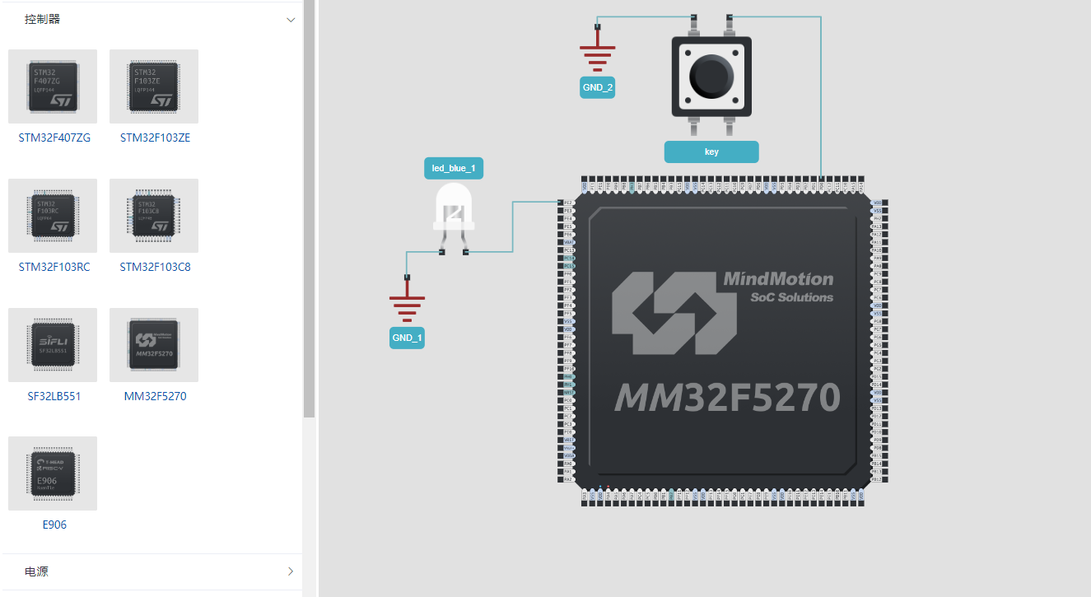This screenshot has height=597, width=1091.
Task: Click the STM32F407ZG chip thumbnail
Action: click(53, 86)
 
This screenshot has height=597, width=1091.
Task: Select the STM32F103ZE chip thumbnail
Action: click(154, 86)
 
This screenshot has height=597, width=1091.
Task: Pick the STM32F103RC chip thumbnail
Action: click(53, 215)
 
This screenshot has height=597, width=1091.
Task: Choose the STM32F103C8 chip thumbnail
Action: click(154, 215)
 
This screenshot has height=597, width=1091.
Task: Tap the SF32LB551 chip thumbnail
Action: click(53, 344)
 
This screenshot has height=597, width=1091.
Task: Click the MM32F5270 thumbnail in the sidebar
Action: click(154, 344)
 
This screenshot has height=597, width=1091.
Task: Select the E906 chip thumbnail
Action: click(53, 473)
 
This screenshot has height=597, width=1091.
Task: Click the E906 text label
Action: click(54, 525)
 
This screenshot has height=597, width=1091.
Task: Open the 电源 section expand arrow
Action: click(291, 571)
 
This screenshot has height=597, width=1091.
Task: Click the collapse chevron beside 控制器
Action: click(291, 20)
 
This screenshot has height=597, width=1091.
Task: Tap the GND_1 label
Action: click(407, 338)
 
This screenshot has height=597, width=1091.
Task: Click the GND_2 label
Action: click(598, 87)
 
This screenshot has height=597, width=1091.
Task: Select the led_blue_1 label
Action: click(454, 169)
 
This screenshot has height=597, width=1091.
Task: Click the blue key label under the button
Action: click(711, 152)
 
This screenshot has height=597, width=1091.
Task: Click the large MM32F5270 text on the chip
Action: click(727, 398)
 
